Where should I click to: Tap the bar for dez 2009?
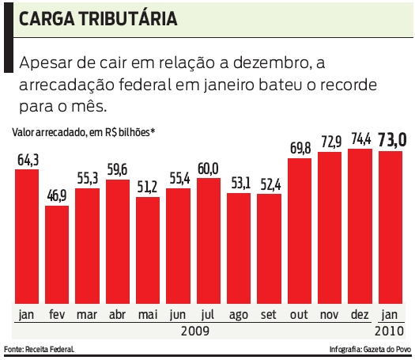click(360, 226)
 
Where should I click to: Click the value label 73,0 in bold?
click(392, 140)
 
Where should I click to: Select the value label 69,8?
click(300, 149)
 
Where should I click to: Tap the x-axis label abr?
click(118, 314)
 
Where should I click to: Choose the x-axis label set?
click(270, 314)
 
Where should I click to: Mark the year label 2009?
click(193, 330)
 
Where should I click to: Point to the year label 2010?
click(390, 330)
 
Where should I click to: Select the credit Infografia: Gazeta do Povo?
click(368, 349)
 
